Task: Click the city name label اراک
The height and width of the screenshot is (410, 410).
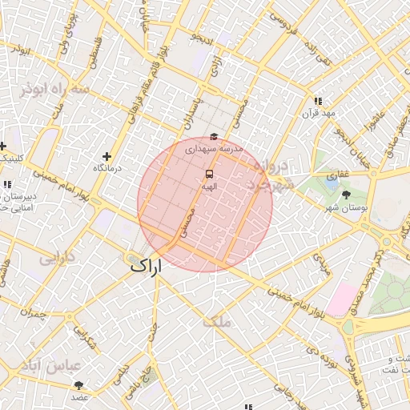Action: pos(144,266)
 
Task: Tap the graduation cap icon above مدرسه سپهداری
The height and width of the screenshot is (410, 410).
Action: pos(213,138)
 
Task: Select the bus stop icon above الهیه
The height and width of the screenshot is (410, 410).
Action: pos(209,174)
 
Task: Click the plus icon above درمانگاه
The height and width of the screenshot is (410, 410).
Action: pos(107,156)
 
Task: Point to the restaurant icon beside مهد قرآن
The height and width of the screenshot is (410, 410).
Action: pos(318,102)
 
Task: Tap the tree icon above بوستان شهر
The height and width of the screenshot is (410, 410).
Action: pos(346,195)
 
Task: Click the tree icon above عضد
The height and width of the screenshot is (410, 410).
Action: pos(78,385)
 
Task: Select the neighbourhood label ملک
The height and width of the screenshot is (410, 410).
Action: pos(216,322)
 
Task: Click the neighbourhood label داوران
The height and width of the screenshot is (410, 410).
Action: pos(57,259)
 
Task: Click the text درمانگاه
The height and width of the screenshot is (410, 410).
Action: pos(107,168)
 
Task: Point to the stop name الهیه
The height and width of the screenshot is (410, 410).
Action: pos(209,186)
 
